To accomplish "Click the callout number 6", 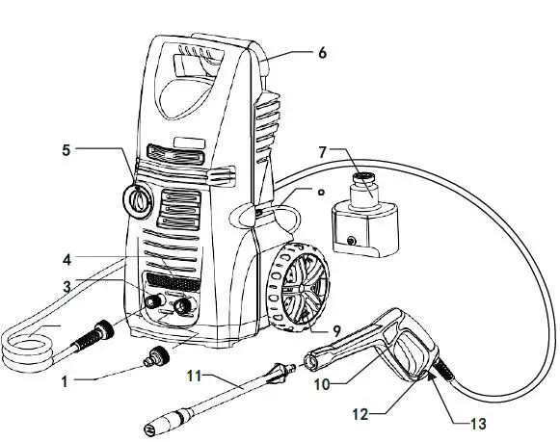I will point(321,53).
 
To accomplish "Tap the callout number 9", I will point(337,330).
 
